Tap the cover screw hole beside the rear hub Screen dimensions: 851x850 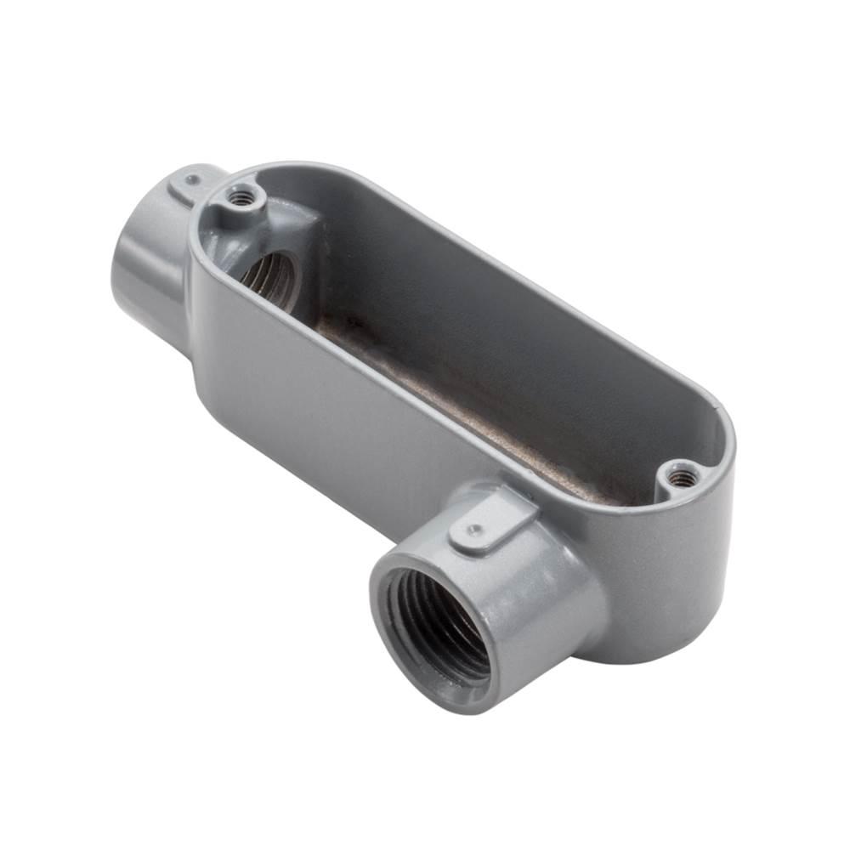click(x=241, y=199)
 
